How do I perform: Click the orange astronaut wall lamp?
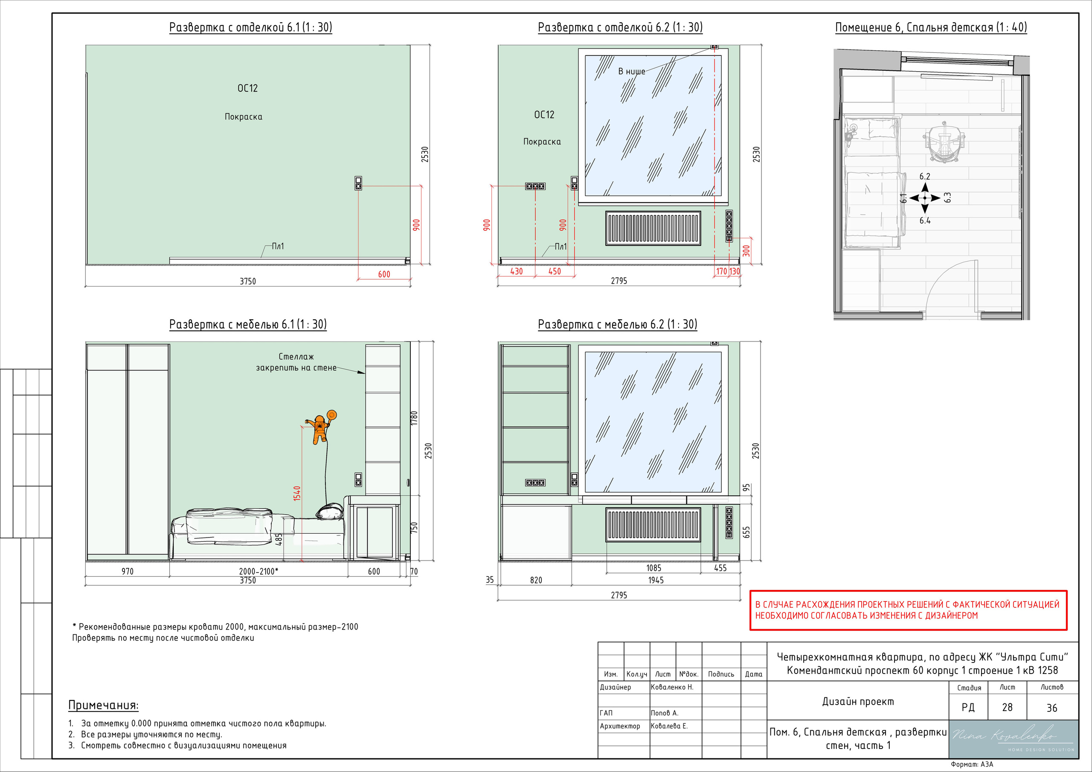pyautogui.click(x=322, y=427)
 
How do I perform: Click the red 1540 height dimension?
pyautogui.click(x=297, y=493)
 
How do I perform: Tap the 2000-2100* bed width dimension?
pyautogui.click(x=258, y=571)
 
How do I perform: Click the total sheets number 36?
pyautogui.click(x=1051, y=708)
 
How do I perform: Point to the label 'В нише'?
pyautogui.click(x=632, y=71)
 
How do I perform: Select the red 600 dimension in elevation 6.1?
pyautogui.click(x=384, y=274)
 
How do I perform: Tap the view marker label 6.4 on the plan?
pyautogui.click(x=925, y=220)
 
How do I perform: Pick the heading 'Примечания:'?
pyautogui.click(x=103, y=705)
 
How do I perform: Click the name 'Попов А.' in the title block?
pyautogui.click(x=665, y=713)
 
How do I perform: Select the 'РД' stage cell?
pyautogui.click(x=968, y=707)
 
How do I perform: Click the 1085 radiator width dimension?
pyautogui.click(x=653, y=568)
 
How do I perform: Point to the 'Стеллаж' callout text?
pyautogui.click(x=296, y=356)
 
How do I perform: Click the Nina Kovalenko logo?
pyautogui.click(x=1013, y=739)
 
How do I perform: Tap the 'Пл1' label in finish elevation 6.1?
pyautogui.click(x=278, y=246)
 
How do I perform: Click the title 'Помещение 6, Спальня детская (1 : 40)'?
pyautogui.click(x=931, y=28)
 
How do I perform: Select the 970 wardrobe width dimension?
pyautogui.click(x=128, y=571)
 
